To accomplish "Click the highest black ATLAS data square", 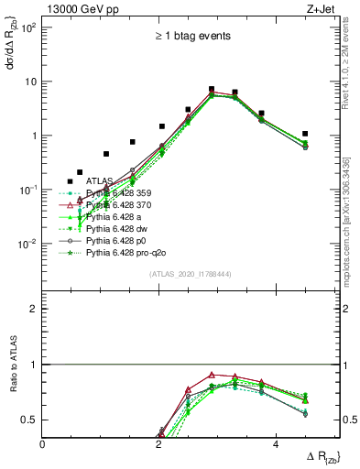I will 212,90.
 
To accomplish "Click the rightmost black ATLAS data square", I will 305,134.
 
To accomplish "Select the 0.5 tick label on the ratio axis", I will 30,420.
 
